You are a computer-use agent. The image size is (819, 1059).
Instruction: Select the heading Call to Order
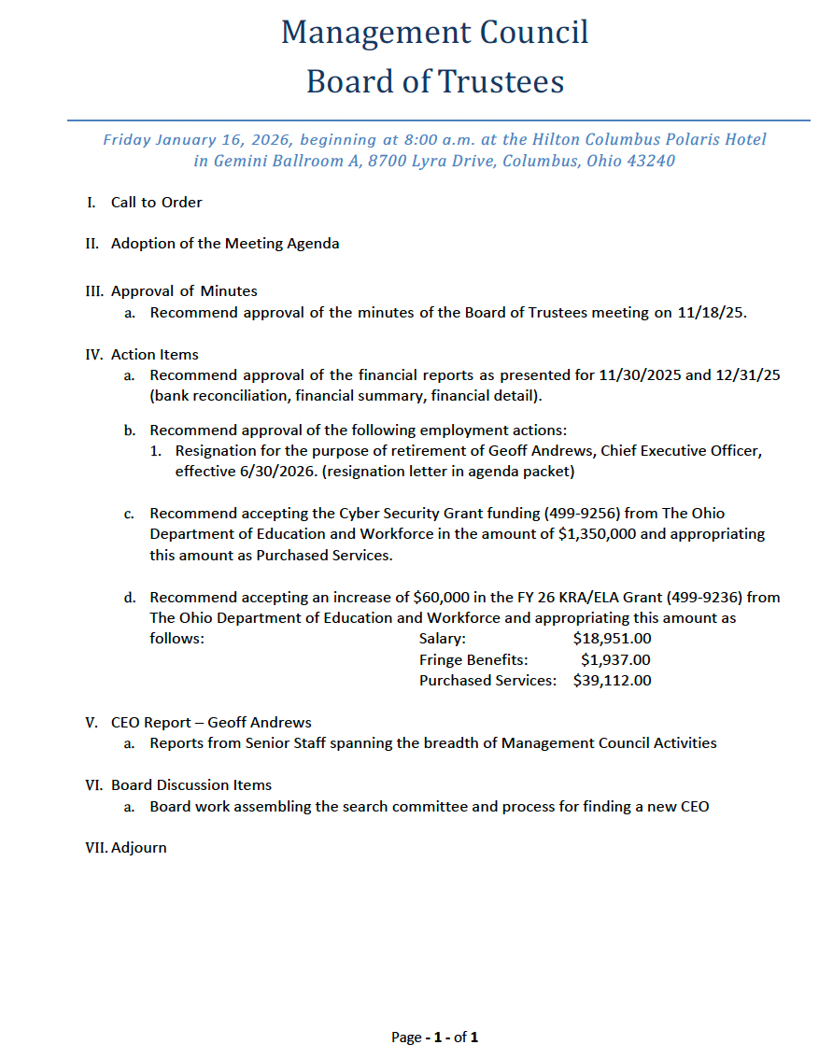point(156,202)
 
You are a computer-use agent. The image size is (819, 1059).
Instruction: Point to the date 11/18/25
point(713,313)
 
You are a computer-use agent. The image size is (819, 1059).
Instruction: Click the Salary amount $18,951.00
point(612,639)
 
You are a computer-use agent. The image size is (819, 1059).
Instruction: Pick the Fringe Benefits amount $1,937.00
point(615,659)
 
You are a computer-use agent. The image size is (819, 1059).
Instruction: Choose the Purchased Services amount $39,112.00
point(612,680)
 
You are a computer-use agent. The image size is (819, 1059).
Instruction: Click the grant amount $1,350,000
point(601,534)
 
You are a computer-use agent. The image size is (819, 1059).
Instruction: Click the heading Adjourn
point(139,848)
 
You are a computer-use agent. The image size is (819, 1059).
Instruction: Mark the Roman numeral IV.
point(93,355)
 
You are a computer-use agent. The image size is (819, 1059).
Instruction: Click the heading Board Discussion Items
point(191,785)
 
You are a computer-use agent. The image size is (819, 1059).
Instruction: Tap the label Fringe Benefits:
point(473,659)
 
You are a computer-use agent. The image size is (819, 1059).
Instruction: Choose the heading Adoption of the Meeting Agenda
point(225,244)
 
